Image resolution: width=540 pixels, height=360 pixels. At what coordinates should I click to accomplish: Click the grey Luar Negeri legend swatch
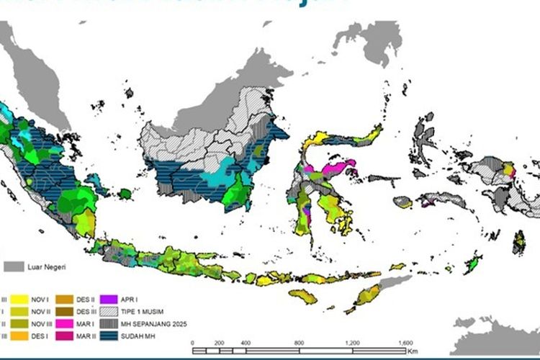(14, 267)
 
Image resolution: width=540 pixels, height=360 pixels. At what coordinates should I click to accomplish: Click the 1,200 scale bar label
(353, 342)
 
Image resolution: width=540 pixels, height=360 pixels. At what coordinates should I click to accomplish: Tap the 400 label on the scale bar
(245, 342)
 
